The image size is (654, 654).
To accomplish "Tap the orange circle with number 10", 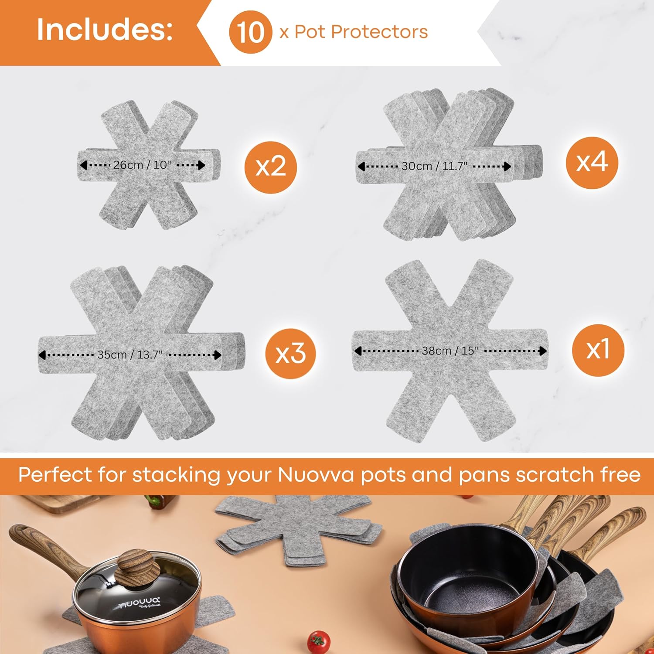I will pyautogui.click(x=250, y=32).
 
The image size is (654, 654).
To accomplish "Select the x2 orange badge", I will pyautogui.click(x=271, y=167).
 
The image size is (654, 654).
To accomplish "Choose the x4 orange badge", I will pyautogui.click(x=592, y=162).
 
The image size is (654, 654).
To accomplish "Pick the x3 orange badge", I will pyautogui.click(x=291, y=353).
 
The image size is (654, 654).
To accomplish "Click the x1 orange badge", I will pyautogui.click(x=598, y=350).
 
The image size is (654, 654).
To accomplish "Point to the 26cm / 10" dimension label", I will pyautogui.click(x=143, y=165).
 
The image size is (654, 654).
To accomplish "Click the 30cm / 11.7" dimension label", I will pyautogui.click(x=434, y=166).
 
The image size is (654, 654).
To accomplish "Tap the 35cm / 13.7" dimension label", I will pyautogui.click(x=130, y=354).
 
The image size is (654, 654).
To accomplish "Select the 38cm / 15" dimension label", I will pyautogui.click(x=450, y=351).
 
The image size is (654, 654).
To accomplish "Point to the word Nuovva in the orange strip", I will pyautogui.click(x=316, y=474).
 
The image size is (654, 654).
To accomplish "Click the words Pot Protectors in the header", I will pyautogui.click(x=361, y=32).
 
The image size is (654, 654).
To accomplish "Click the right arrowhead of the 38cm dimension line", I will pyautogui.click(x=542, y=351).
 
